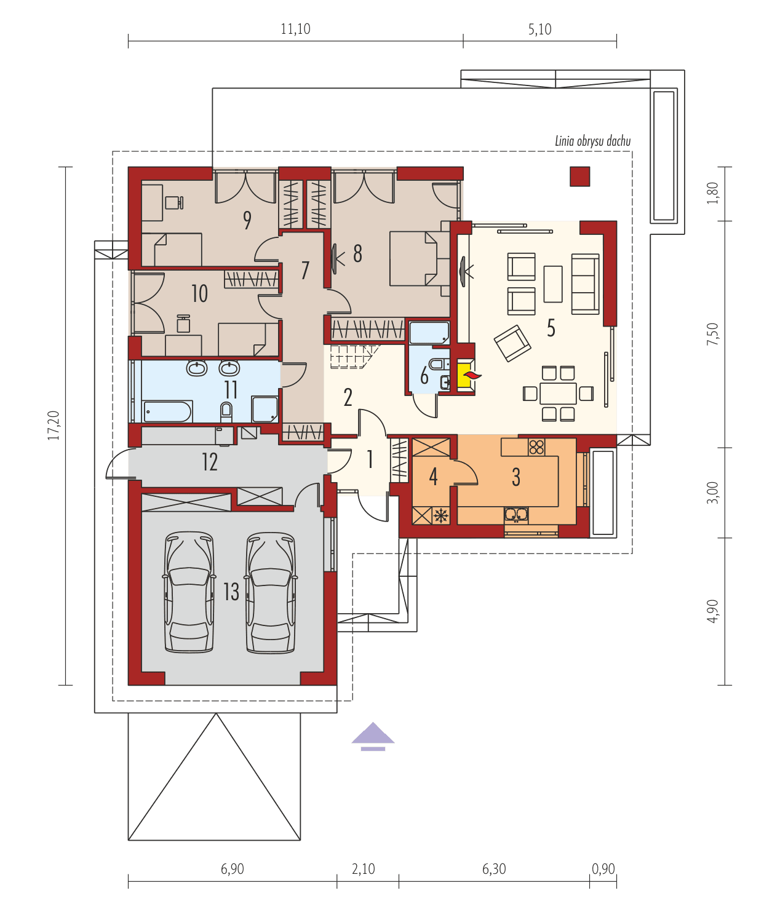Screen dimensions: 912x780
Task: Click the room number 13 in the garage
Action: point(231,592)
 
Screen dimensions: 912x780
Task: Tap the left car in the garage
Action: point(189,592)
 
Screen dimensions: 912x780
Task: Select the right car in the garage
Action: point(270,592)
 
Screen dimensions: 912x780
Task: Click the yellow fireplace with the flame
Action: point(465,375)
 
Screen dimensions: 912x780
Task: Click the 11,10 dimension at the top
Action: point(295,29)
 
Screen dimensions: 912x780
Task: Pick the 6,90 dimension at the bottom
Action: point(233,869)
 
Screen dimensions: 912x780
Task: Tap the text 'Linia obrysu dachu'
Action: point(592,141)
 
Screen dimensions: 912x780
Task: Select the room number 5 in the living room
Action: point(551,328)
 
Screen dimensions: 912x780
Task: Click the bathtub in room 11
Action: point(168,411)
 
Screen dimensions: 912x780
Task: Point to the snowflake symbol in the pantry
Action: point(440,515)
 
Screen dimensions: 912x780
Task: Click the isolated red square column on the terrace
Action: point(579,176)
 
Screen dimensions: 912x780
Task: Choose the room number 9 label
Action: point(247,220)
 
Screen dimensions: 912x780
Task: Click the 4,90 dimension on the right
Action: point(712,611)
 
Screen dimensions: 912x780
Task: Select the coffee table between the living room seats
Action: point(553,284)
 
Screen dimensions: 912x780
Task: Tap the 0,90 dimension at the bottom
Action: point(603,869)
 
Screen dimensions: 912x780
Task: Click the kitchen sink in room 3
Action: point(516,513)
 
